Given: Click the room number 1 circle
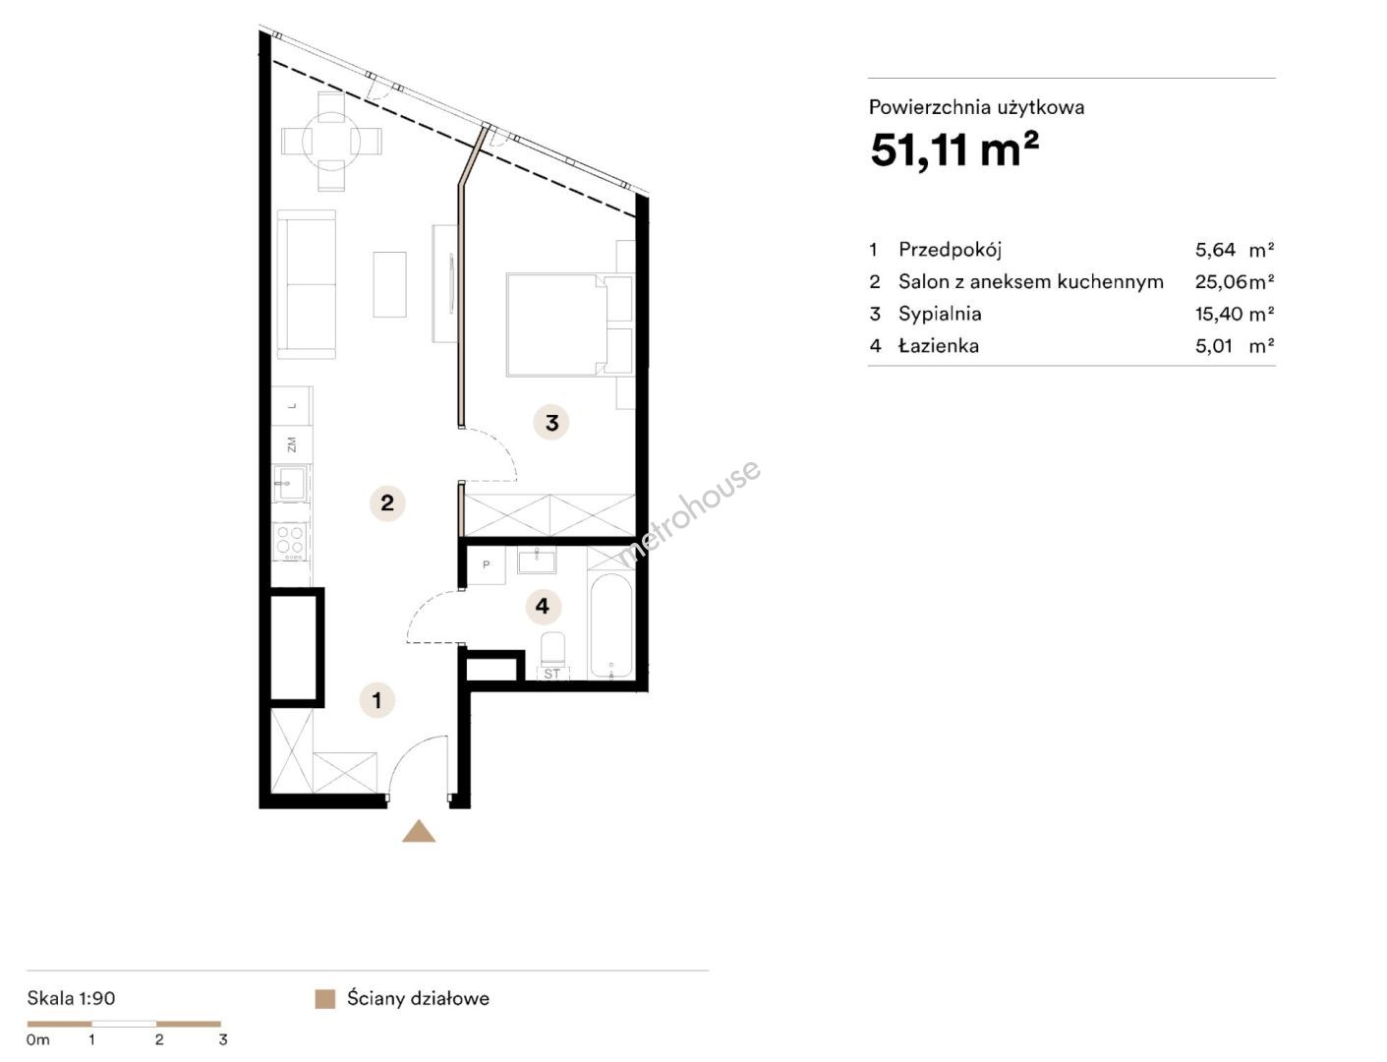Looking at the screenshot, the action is coord(376,700).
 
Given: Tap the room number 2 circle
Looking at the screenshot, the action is coord(386,503).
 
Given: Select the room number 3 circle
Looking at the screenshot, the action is coord(551,422).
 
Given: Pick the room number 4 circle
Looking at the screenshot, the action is coord(543,607).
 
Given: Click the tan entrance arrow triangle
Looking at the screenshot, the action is coord(419,832).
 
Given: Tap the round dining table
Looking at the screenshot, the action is coord(331,141).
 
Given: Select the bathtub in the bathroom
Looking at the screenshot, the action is coord(610,625).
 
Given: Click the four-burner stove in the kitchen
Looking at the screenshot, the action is coord(291,542).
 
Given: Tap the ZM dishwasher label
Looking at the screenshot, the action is coord(292,445).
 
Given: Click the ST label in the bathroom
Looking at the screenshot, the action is coord(552,674).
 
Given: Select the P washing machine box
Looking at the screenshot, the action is coord(486,565).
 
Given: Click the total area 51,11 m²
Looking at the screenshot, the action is coord(954,150).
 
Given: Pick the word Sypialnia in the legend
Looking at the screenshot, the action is coord(940,315).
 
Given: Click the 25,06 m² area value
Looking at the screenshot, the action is coord(1234,282).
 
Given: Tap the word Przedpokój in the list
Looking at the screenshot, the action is coord(951,251).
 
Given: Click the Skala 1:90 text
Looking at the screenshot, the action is coord(71,999).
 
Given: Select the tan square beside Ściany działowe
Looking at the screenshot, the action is coord(324,999).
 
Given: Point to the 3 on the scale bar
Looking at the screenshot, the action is coord(222,1039).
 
